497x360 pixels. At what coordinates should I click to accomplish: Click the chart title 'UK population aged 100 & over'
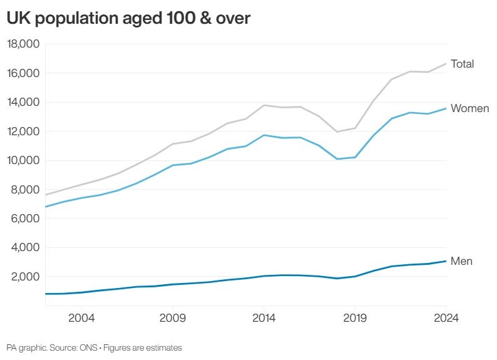coord(128,19)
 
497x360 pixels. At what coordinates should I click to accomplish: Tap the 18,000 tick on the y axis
coord(23,44)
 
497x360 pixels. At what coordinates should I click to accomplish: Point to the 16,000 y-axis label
coord(23,73)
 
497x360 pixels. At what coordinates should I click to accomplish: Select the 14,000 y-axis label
coord(23,102)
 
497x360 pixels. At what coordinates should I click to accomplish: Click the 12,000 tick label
coord(23,131)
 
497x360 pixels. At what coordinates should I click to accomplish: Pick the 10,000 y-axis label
coord(23,160)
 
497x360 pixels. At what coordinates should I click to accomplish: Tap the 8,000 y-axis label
coord(26,190)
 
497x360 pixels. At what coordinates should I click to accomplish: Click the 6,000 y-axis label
coord(26,219)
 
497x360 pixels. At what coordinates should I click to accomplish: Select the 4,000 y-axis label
coord(26,247)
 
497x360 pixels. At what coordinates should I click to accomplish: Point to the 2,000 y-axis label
coord(26,277)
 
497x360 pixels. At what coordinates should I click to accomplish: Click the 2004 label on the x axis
coord(81,318)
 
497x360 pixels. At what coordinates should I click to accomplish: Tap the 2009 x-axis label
coord(173,318)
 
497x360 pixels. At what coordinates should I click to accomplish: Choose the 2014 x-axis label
coord(264,318)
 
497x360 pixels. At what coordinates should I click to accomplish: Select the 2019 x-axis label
coord(355,318)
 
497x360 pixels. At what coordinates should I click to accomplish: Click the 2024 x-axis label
coord(445,318)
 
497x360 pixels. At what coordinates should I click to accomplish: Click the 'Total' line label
coord(462,64)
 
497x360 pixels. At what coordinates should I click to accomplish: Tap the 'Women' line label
coord(469,108)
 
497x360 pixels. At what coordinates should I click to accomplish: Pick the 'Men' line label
coord(461,261)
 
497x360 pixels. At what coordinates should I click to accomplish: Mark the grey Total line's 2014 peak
coord(264,105)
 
